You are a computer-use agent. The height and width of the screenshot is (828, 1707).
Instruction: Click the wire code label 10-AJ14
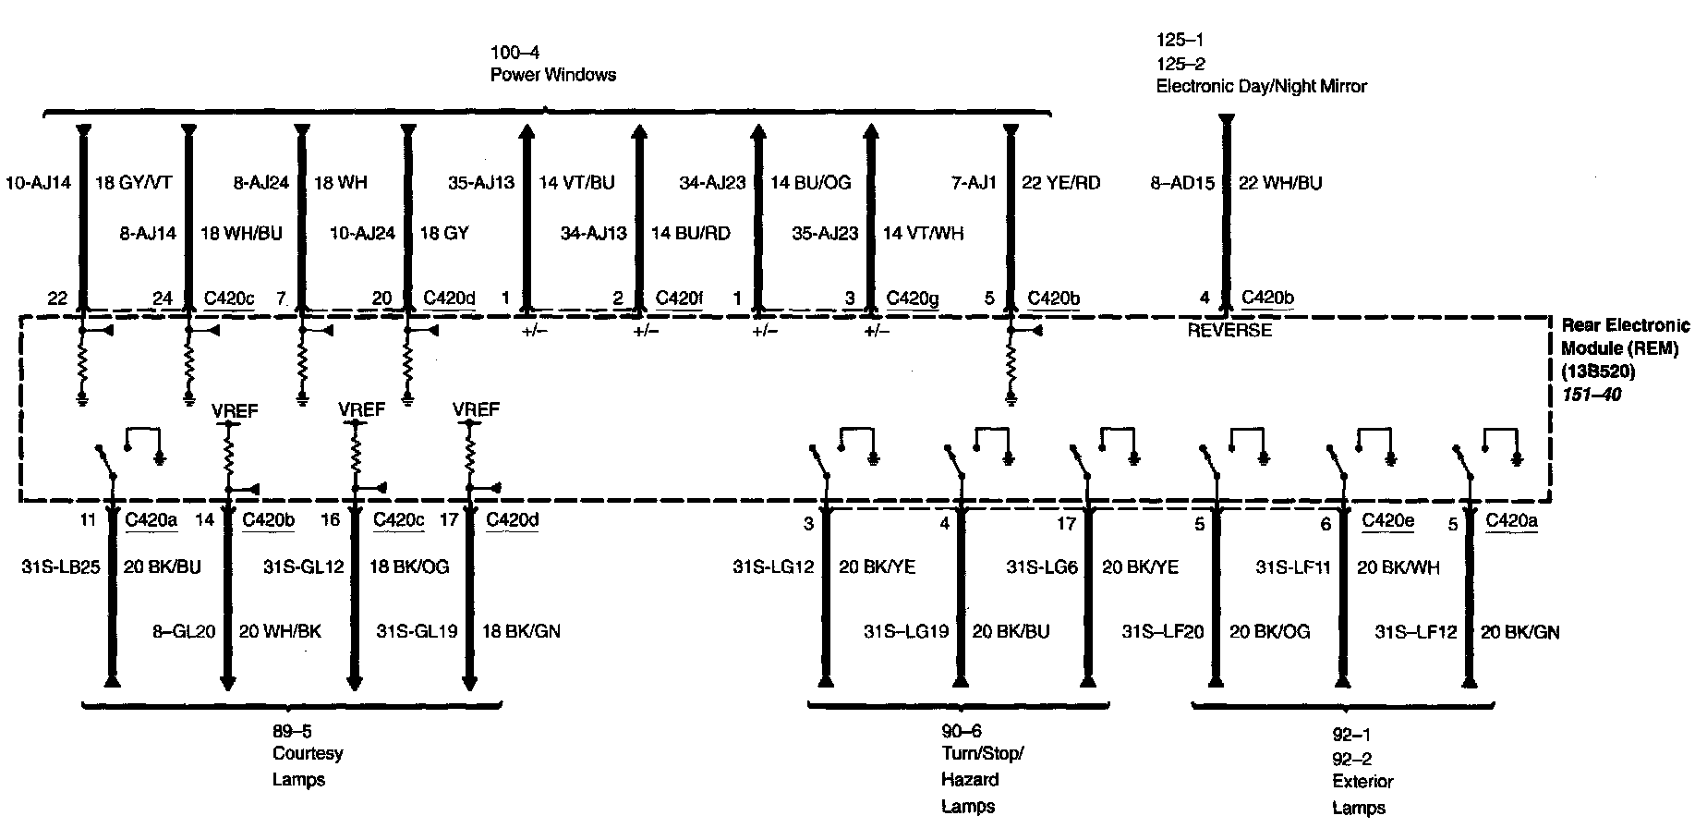[38, 183]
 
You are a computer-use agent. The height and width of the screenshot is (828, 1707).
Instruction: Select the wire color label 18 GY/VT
[133, 183]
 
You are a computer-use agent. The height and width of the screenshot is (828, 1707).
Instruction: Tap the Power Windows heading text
[552, 75]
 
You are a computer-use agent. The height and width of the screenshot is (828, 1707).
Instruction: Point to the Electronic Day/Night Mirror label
[1261, 87]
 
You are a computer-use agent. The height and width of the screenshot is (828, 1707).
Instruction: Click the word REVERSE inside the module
[1229, 331]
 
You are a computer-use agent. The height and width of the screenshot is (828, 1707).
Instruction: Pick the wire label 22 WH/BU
[1279, 183]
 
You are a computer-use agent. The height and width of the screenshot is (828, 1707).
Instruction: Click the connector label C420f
[679, 298]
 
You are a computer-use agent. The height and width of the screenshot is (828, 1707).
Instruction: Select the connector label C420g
[913, 298]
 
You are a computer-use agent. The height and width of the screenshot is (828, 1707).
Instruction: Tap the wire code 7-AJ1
[974, 183]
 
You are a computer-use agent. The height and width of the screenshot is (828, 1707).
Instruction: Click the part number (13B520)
[1597, 372]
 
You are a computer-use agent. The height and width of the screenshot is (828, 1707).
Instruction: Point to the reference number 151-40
[1591, 395]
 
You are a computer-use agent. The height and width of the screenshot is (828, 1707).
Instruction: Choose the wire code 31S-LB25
[60, 566]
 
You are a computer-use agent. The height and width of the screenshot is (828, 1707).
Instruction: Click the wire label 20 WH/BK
[280, 632]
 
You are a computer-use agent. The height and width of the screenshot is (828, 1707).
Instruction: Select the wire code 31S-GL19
[417, 632]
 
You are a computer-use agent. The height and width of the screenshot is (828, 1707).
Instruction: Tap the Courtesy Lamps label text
[307, 766]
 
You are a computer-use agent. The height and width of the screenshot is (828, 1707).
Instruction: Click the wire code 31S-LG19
[906, 632]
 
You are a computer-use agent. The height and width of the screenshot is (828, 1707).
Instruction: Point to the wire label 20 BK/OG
[1269, 632]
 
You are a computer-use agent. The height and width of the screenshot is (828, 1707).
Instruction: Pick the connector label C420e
[1387, 520]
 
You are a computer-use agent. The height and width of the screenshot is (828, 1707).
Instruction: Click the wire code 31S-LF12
[1415, 632]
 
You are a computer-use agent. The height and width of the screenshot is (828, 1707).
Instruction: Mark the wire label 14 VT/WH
[923, 234]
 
